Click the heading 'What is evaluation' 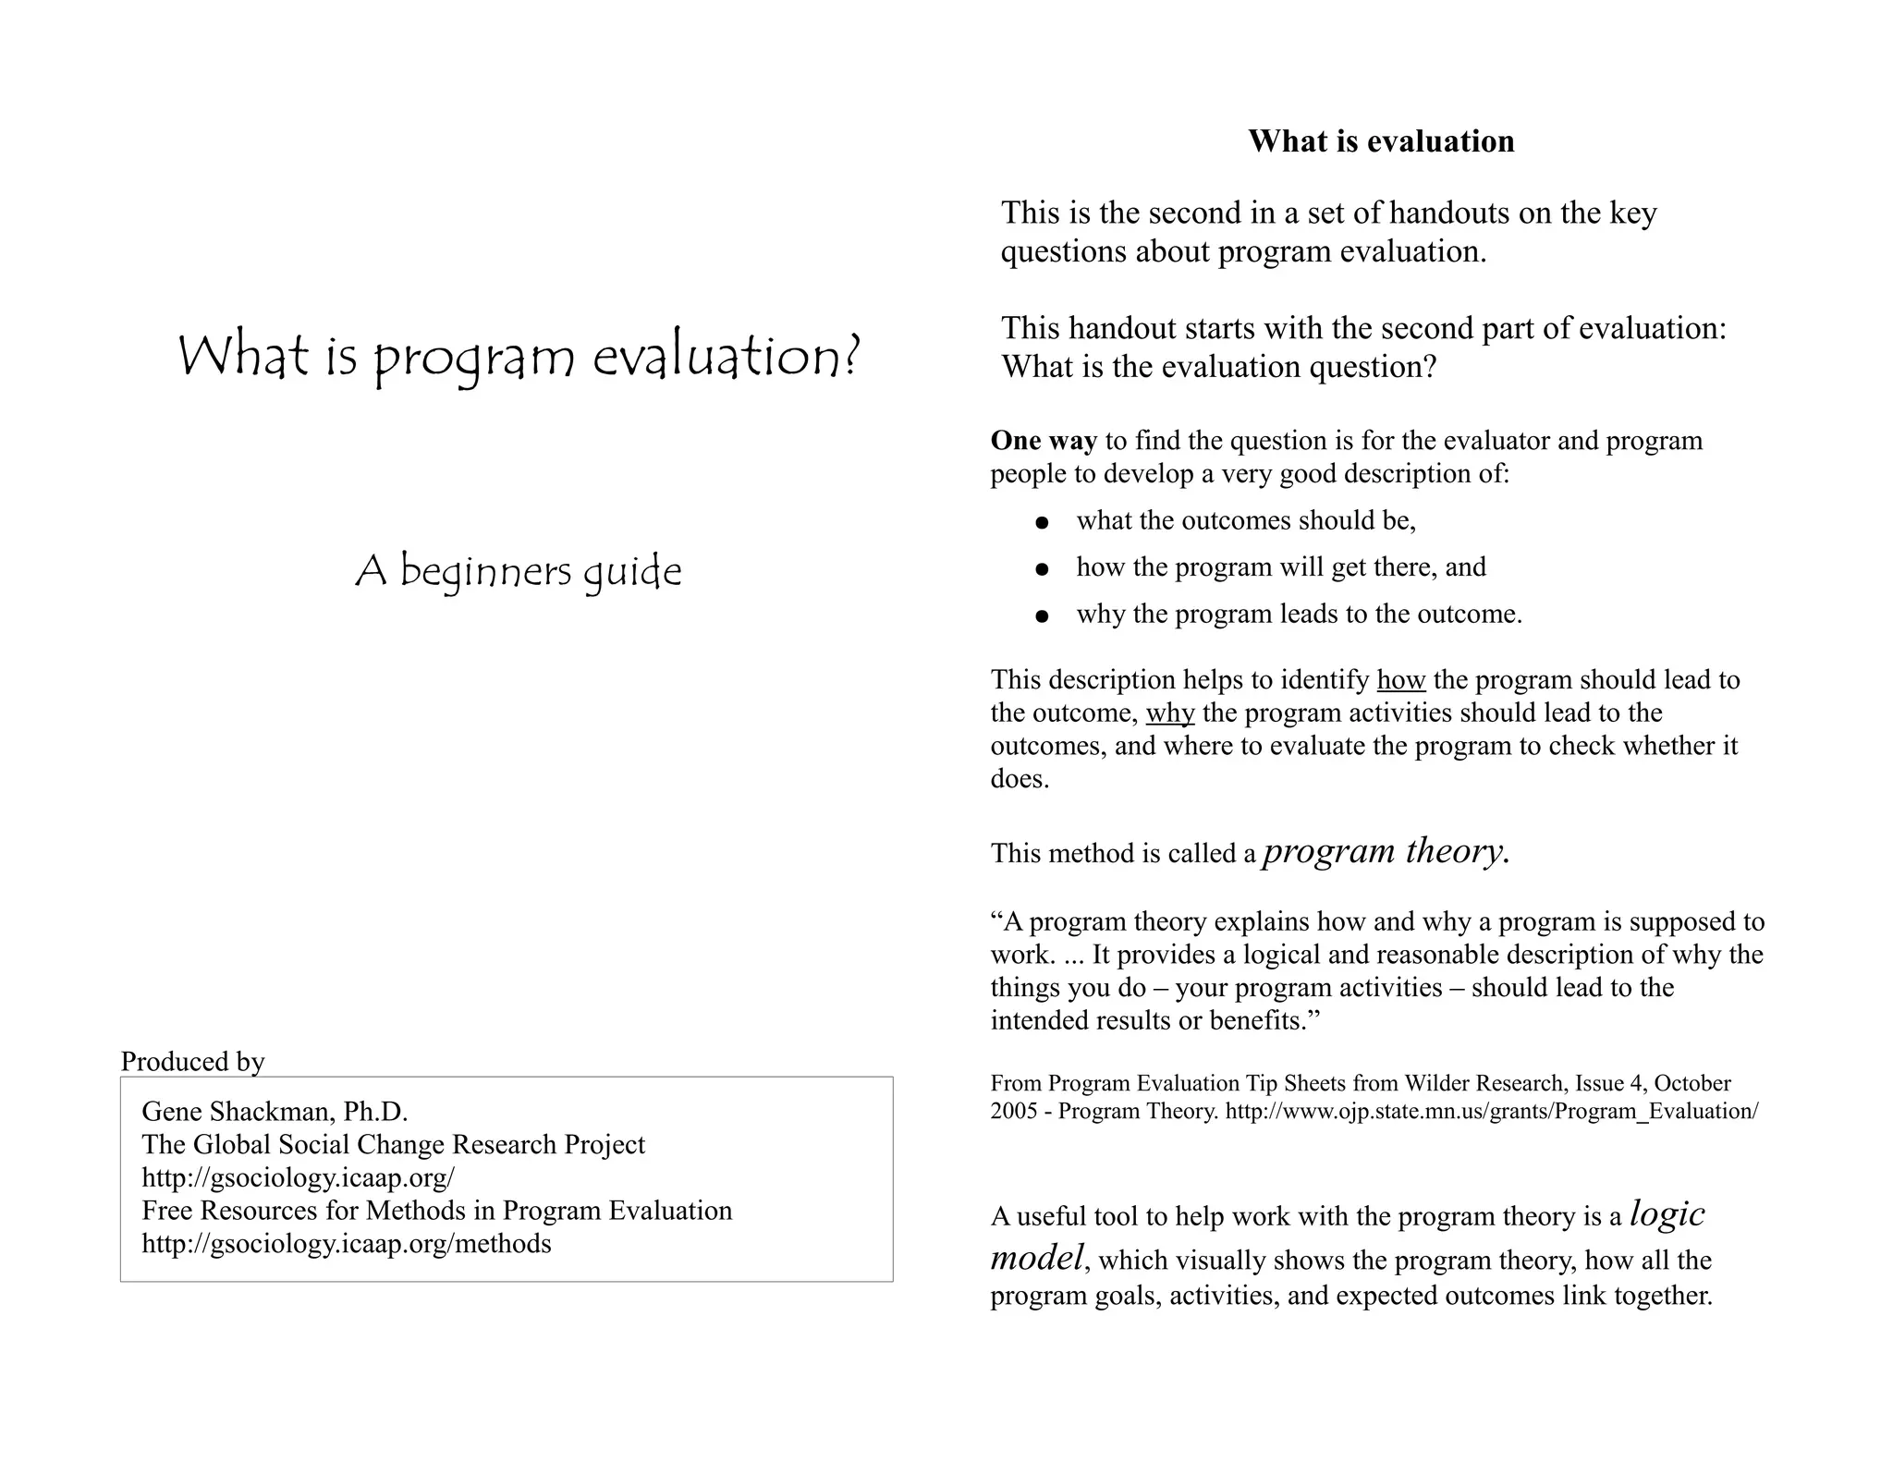1381,141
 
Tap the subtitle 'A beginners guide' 519,572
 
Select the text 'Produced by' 192,1061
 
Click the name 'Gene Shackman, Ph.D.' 275,1111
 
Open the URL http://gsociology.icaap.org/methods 346,1244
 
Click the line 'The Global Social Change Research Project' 393,1144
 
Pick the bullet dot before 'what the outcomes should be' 1043,523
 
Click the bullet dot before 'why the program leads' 1043,616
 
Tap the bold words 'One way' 1044,441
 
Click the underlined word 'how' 1400,680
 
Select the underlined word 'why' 1169,713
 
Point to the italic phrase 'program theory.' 1386,851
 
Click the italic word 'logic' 1667,1213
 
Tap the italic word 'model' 1036,1258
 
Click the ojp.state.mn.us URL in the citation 1491,1111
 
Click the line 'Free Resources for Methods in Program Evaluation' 436,1211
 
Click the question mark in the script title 852,357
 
